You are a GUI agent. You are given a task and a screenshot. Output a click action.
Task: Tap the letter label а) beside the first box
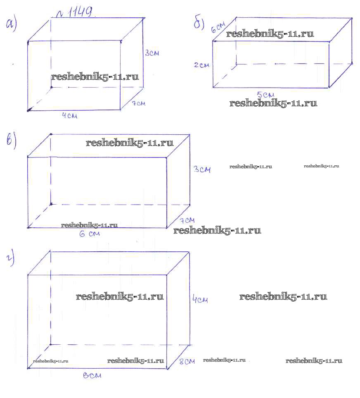pyautogui.click(x=12, y=24)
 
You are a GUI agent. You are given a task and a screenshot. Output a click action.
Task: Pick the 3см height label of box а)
pyautogui.click(x=152, y=53)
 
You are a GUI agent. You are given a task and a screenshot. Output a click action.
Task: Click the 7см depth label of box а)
pyautogui.click(x=138, y=103)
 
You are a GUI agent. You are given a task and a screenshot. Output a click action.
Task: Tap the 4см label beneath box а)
pyautogui.click(x=70, y=115)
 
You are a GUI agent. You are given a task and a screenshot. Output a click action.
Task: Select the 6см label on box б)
pyautogui.click(x=218, y=27)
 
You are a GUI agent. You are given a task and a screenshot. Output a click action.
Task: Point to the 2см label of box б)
pyautogui.click(x=202, y=65)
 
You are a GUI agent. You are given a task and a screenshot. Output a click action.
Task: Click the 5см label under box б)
pyautogui.click(x=265, y=95)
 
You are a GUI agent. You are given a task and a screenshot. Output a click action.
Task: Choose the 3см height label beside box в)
pyautogui.click(x=202, y=169)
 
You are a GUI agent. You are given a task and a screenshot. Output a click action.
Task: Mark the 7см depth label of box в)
pyautogui.click(x=187, y=220)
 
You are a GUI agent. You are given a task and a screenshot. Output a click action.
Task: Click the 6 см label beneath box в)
pyautogui.click(x=90, y=234)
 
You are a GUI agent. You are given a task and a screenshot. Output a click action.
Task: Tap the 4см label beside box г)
pyautogui.click(x=200, y=299)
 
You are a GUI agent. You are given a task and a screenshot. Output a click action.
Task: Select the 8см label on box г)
pyautogui.click(x=187, y=362)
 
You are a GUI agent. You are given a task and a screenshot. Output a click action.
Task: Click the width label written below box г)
pyautogui.click(x=92, y=375)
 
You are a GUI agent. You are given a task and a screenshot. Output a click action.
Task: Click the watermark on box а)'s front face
pyautogui.click(x=95, y=76)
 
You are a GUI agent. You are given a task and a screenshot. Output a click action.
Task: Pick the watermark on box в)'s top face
pyautogui.click(x=130, y=143)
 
